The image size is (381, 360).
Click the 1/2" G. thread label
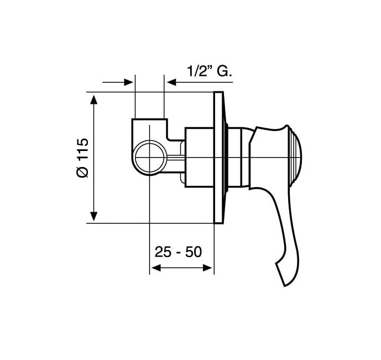click(209, 71)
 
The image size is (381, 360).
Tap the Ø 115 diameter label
click(82, 158)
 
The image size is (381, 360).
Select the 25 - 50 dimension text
click(178, 252)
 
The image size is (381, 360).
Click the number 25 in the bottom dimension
click(163, 252)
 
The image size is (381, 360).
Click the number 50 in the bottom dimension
click(194, 252)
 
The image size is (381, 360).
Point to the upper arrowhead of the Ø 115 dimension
click(94, 100)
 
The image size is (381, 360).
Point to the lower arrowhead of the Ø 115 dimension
click(94, 216)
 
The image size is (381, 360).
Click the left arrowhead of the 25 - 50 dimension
click(156, 268)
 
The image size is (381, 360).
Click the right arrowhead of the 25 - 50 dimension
click(207, 268)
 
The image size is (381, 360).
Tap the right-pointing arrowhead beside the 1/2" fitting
click(128, 82)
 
